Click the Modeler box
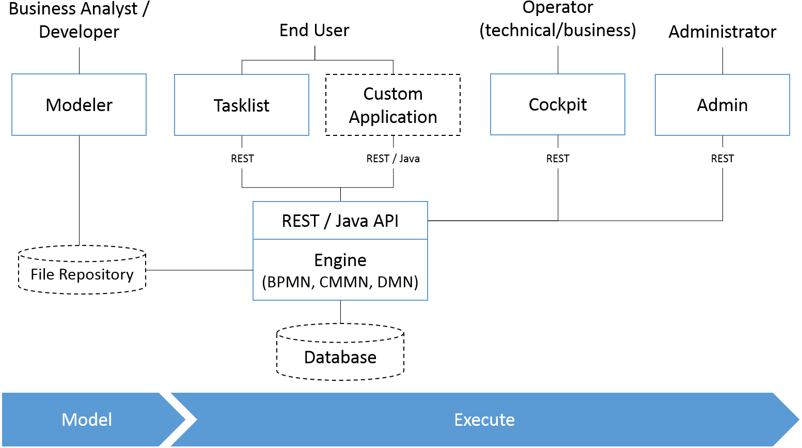[79, 105]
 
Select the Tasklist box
[242, 105]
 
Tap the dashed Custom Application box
[393, 105]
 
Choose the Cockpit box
[558, 104]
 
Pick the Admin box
[722, 105]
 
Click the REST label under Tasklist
[242, 159]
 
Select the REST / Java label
[393, 159]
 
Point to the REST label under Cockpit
[558, 159]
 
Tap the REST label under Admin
[722, 159]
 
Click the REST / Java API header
[340, 221]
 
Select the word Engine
[340, 260]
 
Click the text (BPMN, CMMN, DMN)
[340, 282]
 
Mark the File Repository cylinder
[82, 270]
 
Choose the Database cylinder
[340, 353]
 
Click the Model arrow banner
[87, 420]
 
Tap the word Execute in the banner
[484, 420]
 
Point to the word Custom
[393, 94]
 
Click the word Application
[393, 117]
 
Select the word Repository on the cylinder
[96, 274]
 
